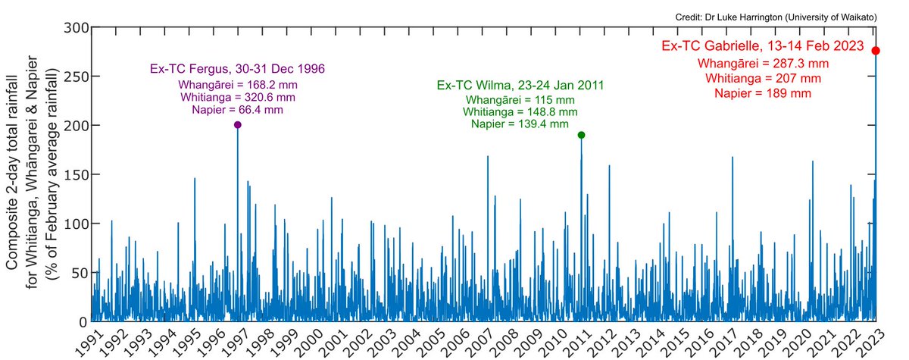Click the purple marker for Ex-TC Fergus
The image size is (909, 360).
pyautogui.click(x=237, y=125)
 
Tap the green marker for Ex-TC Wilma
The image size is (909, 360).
pyautogui.click(x=581, y=135)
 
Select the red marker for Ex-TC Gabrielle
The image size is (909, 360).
pyautogui.click(x=876, y=51)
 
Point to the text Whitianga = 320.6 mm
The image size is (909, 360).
pyautogui.click(x=238, y=97)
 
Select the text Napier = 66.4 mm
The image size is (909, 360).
pyautogui.click(x=238, y=110)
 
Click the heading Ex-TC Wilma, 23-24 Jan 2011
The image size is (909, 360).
pyautogui.click(x=520, y=86)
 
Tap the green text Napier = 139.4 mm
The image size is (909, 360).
pyautogui.click(x=520, y=124)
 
